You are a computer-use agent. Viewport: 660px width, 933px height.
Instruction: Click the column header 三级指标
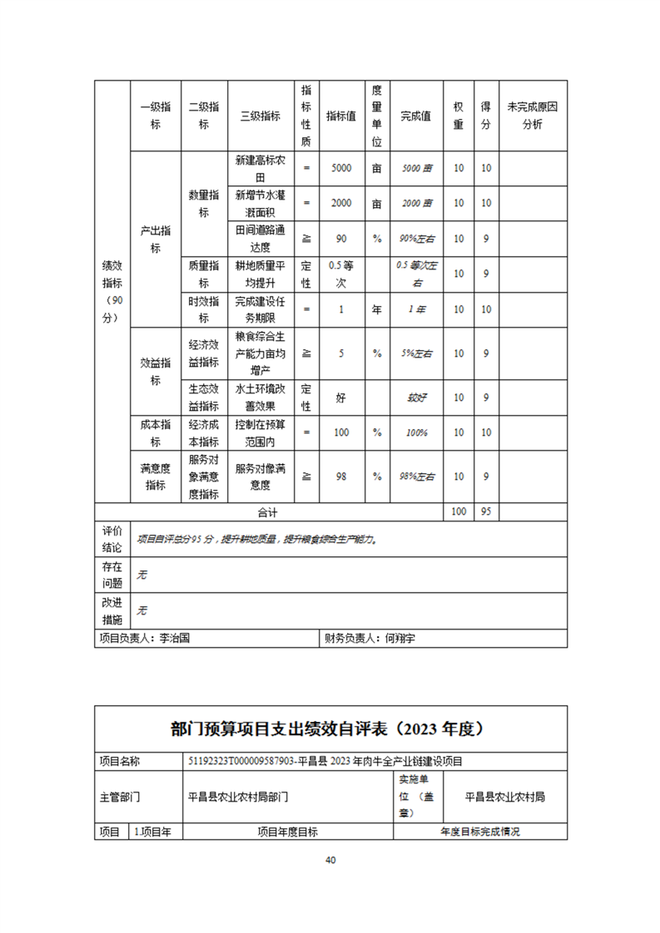click(260, 116)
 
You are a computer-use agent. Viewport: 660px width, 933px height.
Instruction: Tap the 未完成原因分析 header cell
click(532, 116)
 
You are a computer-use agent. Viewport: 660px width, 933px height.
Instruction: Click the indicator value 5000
click(341, 168)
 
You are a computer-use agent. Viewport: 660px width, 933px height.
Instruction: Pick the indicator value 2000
click(341, 203)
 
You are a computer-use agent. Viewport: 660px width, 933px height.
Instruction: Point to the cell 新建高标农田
click(260, 168)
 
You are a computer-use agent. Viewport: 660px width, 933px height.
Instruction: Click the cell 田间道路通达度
click(260, 238)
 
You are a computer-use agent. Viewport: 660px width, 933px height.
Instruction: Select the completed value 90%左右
click(416, 239)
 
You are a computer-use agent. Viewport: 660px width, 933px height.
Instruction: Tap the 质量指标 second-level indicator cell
click(204, 274)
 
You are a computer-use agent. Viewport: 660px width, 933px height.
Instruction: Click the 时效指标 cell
click(204, 309)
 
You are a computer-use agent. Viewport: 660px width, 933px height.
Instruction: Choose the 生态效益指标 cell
click(204, 397)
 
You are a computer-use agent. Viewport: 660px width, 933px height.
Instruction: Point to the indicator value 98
click(341, 476)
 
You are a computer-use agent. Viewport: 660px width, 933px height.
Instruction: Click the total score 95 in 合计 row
click(485, 512)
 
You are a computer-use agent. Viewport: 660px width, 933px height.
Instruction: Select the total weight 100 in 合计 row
click(458, 512)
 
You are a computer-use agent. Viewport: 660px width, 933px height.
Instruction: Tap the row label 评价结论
click(112, 539)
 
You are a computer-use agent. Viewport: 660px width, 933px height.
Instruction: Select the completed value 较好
click(416, 397)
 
